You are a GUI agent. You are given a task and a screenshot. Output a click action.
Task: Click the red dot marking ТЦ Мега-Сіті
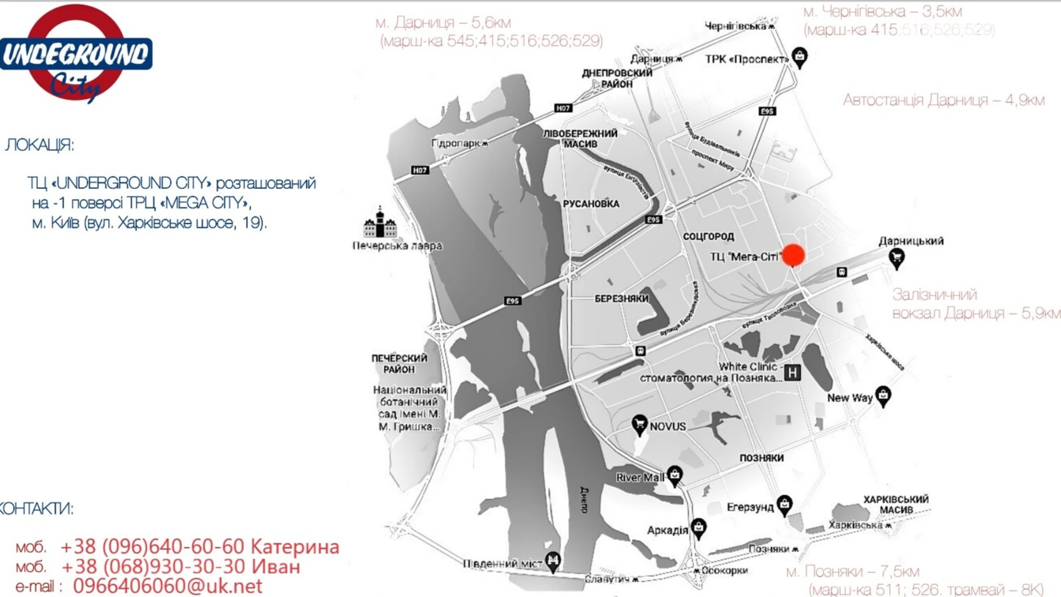793,255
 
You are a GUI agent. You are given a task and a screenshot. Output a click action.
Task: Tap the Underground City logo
76,53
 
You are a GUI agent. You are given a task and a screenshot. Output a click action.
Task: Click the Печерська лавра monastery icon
380,223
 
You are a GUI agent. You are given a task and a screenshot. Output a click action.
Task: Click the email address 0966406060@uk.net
167,586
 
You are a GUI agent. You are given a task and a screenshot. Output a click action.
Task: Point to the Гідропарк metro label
459,143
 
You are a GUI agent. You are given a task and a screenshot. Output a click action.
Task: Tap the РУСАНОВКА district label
591,204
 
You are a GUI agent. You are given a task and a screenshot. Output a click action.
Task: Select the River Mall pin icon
674,475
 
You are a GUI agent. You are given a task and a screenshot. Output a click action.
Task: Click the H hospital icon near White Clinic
792,373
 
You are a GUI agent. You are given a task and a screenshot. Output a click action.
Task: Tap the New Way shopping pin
883,396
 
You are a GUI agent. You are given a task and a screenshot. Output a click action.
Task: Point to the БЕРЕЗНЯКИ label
622,298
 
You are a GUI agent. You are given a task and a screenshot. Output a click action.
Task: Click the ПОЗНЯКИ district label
761,458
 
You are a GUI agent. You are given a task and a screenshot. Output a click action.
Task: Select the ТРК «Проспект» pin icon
799,57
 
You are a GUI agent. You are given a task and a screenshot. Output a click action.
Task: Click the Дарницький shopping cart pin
896,258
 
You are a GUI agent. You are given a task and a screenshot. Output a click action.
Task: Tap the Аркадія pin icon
698,528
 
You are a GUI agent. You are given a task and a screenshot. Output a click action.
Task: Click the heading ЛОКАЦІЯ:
40,145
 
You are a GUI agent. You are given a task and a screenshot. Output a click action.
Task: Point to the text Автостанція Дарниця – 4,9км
943,100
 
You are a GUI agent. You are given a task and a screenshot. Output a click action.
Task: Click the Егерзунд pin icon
784,505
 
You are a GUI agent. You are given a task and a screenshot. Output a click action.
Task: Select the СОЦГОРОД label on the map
708,237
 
